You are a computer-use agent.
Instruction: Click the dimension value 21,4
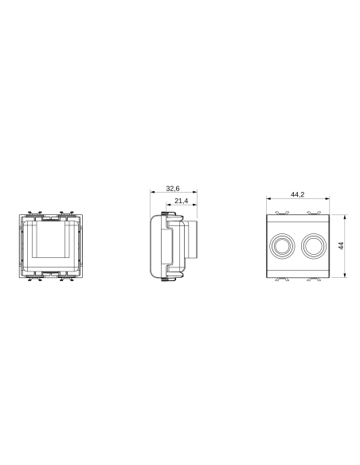(x=181, y=201)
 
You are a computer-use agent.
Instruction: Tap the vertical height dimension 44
(x=340, y=245)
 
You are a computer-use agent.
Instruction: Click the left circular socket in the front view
(x=283, y=245)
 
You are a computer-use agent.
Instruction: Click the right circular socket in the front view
(x=313, y=245)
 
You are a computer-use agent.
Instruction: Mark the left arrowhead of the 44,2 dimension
(x=268, y=198)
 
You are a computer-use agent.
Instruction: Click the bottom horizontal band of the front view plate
(x=298, y=272)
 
